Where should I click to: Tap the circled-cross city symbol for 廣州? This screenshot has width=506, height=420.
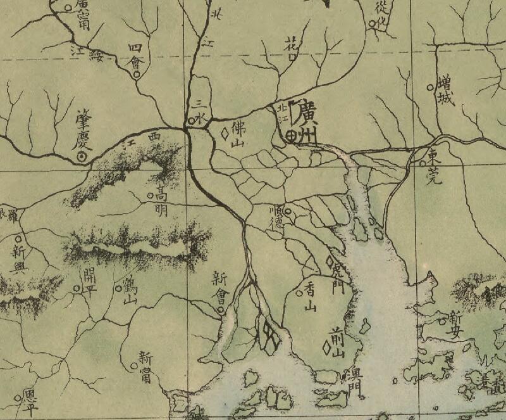tap(291, 134)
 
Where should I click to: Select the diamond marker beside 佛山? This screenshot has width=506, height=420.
tap(224, 134)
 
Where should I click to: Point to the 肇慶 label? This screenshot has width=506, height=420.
tap(83, 125)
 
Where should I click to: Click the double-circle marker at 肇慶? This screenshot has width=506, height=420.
tap(82, 156)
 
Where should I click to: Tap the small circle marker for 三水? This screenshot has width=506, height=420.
tap(192, 119)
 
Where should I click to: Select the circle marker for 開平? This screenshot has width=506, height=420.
tap(77, 288)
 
